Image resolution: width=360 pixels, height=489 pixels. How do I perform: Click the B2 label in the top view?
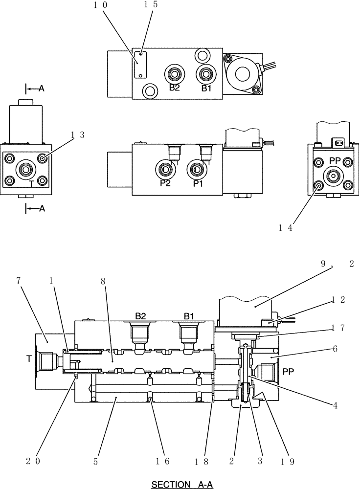175,88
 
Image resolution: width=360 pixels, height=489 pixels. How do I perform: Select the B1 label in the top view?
205,89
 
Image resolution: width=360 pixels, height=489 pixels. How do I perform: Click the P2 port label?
165,183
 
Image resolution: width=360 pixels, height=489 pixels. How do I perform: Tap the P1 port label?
198,183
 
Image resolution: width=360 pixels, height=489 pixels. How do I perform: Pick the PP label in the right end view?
335,160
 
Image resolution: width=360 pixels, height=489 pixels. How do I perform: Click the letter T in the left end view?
31,183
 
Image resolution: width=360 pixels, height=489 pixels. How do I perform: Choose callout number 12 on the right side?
339,299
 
